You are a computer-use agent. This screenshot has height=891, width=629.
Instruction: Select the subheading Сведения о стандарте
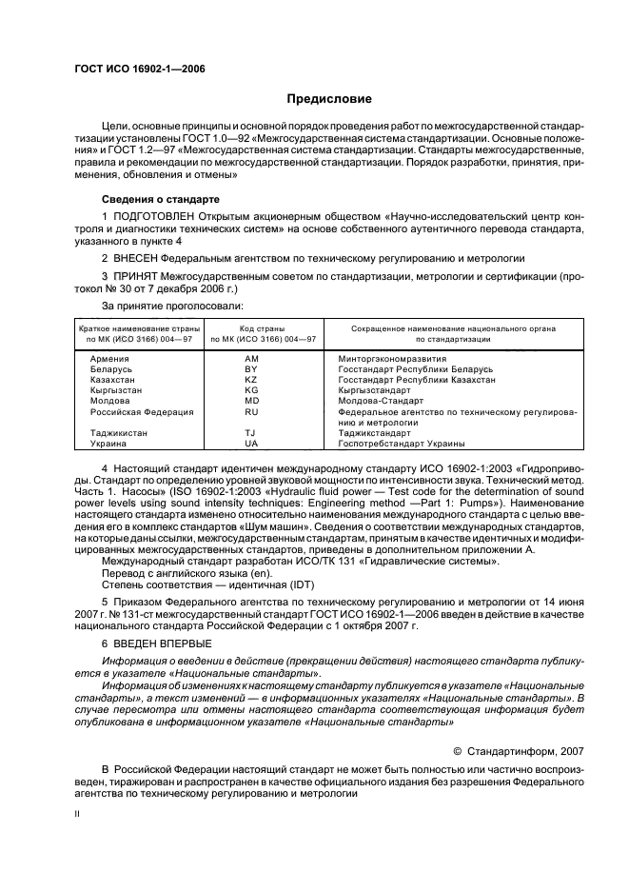161,201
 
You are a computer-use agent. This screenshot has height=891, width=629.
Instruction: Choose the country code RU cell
251,412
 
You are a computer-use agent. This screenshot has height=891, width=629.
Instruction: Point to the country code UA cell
251,444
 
